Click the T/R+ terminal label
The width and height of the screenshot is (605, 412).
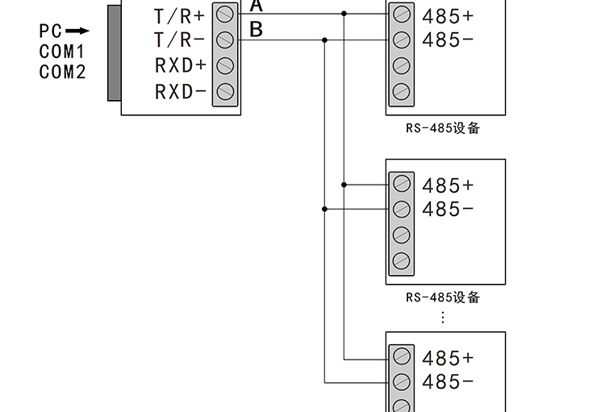[x=180, y=15]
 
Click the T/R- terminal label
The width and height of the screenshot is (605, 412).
[x=180, y=40]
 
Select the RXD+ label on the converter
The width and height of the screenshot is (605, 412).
[x=180, y=65]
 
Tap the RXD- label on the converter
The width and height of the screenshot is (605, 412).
[x=180, y=91]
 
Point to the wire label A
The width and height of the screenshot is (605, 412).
[x=257, y=6]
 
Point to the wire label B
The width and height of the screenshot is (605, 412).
[x=257, y=31]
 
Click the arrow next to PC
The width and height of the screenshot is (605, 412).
[x=77, y=31]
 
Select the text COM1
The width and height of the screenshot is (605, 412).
[x=62, y=52]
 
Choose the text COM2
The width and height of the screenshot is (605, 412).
[x=62, y=72]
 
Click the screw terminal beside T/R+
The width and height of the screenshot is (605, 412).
[x=226, y=14]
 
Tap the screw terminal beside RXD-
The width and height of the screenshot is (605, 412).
[x=226, y=91]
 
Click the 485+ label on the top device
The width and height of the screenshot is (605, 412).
[x=448, y=15]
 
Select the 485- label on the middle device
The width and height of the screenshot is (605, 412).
[x=448, y=210]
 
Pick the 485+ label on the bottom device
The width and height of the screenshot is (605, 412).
[x=448, y=358]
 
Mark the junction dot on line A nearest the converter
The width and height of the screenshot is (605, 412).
[x=344, y=14]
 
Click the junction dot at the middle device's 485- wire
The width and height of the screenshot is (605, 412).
[x=325, y=209]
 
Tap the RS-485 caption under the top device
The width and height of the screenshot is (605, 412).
[x=443, y=128]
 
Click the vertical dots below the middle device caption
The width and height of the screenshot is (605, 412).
[x=443, y=317]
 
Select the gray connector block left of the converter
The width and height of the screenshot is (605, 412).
[x=114, y=52]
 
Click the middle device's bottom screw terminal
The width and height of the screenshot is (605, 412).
[x=401, y=260]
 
